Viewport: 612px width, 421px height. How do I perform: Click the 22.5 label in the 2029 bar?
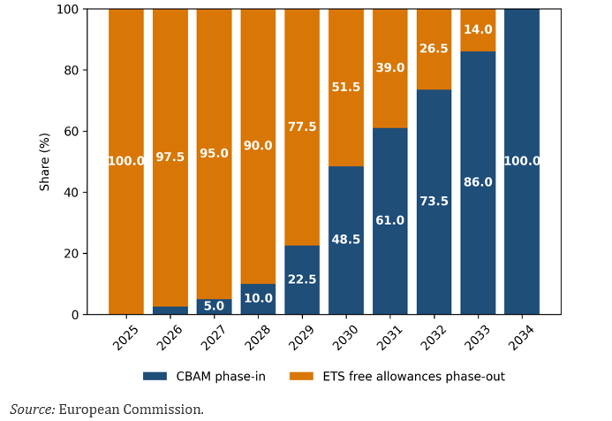302,279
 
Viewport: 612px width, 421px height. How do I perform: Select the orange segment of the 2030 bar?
346,53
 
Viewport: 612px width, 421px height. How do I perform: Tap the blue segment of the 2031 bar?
389,256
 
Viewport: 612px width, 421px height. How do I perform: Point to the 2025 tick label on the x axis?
125,336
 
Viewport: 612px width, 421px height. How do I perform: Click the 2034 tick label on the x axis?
521,336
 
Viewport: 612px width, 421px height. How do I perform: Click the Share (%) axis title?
45,161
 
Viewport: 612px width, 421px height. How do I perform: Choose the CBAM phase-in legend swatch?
155,377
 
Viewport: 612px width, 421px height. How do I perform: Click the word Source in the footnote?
32,410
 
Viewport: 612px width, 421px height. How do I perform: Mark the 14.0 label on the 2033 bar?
478,30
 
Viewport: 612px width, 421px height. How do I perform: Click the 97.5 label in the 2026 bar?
170,157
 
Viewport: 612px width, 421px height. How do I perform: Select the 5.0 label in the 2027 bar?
214,306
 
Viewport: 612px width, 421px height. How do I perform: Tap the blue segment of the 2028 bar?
258,299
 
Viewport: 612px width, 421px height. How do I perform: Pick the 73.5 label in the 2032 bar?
434,202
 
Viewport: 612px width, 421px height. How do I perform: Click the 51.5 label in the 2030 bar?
346,88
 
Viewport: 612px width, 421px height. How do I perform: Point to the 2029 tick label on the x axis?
301,336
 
